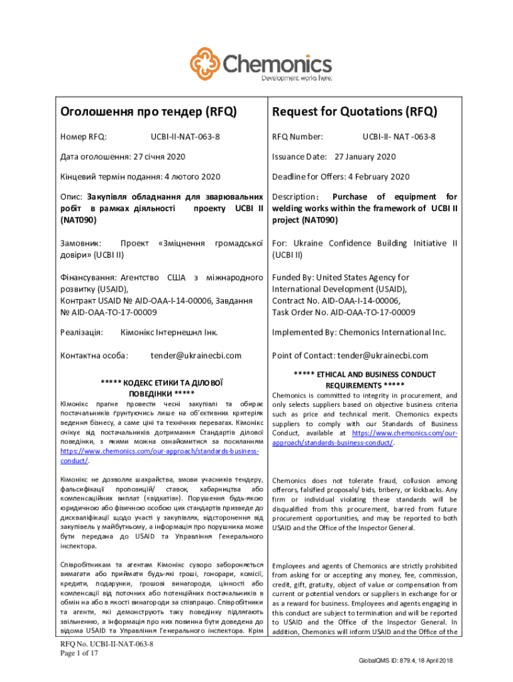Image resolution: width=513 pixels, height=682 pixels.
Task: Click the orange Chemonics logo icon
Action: coord(205,63)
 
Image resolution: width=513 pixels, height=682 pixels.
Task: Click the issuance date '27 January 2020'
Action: coord(364,157)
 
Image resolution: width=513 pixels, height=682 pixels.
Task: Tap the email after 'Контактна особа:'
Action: coord(196,356)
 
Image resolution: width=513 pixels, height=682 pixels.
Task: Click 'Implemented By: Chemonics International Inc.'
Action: coord(358,332)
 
